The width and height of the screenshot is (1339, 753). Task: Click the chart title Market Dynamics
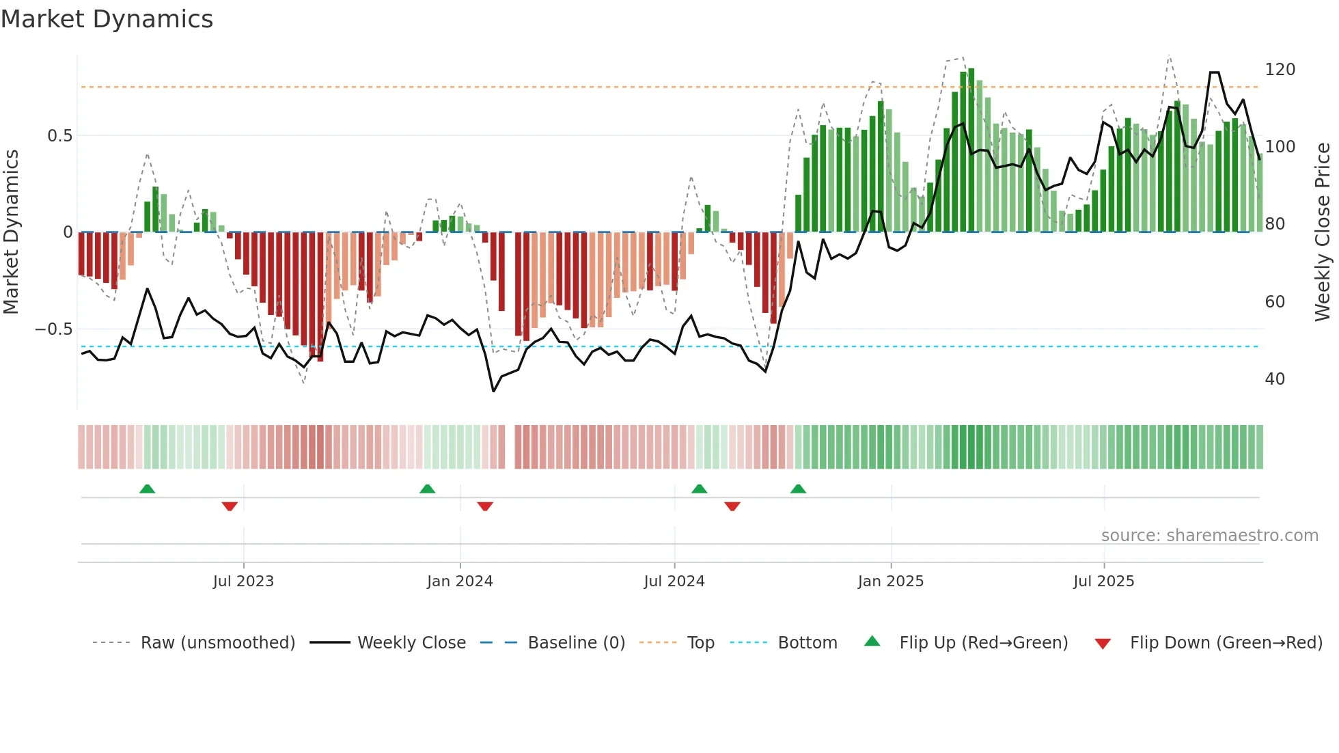[x=107, y=19]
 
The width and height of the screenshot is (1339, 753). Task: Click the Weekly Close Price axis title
[x=1323, y=232]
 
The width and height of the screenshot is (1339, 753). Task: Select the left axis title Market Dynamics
[x=11, y=232]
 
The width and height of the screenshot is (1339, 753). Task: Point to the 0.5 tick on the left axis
[x=59, y=136]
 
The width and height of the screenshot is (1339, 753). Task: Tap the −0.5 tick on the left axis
[x=54, y=329]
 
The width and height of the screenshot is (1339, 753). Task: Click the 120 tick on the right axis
[x=1280, y=70]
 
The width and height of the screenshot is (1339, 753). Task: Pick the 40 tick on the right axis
[x=1275, y=379]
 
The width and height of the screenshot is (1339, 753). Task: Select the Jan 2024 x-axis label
[x=460, y=581]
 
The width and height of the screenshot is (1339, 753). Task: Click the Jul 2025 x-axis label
[x=1103, y=581]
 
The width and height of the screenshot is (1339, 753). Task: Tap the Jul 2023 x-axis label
[x=243, y=581]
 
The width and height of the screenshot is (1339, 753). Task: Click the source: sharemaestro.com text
[x=1209, y=536]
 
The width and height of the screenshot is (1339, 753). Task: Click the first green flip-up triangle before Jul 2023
[x=147, y=489]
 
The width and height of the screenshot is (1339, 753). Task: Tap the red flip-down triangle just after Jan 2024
[x=485, y=506]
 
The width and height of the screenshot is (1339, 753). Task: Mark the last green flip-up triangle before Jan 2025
[x=798, y=489]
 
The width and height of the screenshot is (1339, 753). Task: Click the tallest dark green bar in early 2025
[x=971, y=150]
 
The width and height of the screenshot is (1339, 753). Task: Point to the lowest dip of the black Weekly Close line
[x=493, y=391]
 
